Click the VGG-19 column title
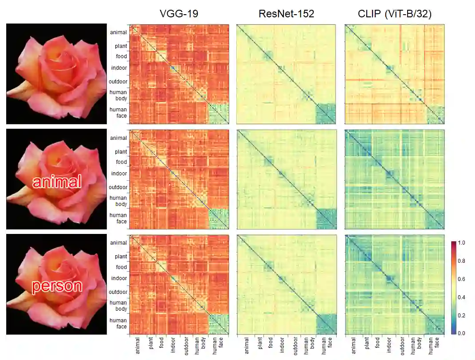(x=179, y=14)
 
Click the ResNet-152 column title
(x=287, y=14)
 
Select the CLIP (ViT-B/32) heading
(x=395, y=14)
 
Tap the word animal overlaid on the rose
(x=56, y=182)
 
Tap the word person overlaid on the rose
(x=57, y=286)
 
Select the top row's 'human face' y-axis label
(x=118, y=113)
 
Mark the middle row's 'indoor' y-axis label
(x=119, y=174)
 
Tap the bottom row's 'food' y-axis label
(x=121, y=267)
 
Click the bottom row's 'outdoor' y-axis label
(x=118, y=292)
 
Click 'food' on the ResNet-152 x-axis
(x=270, y=344)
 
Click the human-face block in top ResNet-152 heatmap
(x=326, y=113)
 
